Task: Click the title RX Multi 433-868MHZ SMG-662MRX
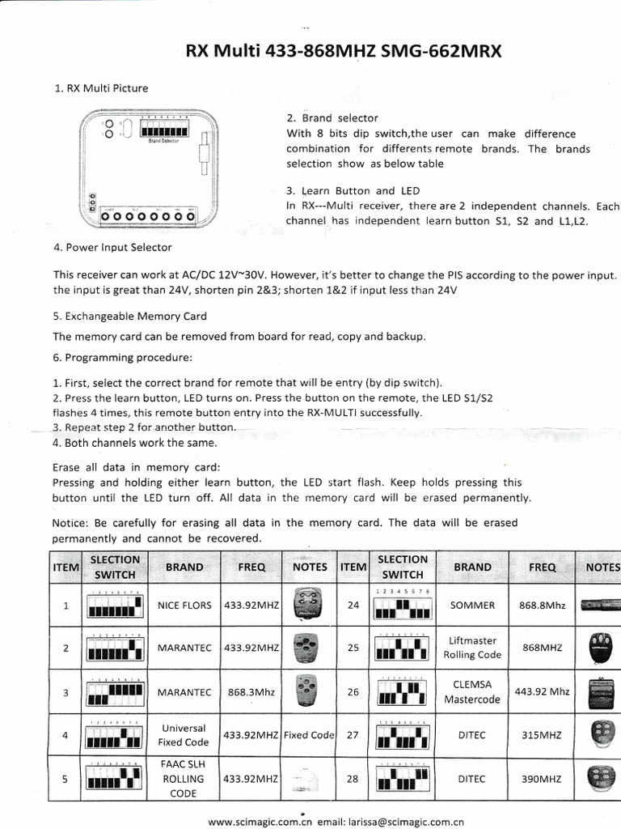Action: (344, 52)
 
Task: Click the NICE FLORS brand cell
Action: (184, 605)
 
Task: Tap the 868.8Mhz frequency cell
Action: (542, 605)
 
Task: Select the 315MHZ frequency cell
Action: (542, 735)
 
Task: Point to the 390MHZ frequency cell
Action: (542, 779)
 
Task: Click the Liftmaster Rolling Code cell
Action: (473, 648)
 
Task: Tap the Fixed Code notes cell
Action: (309, 735)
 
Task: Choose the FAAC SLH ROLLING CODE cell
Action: (184, 779)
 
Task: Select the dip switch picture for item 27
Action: (402, 735)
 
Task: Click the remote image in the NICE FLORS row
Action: (309, 604)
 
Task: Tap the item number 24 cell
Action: (352, 605)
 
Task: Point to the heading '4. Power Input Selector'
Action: (112, 247)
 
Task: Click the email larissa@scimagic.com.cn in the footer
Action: (391, 822)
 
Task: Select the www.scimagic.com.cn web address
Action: (260, 822)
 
